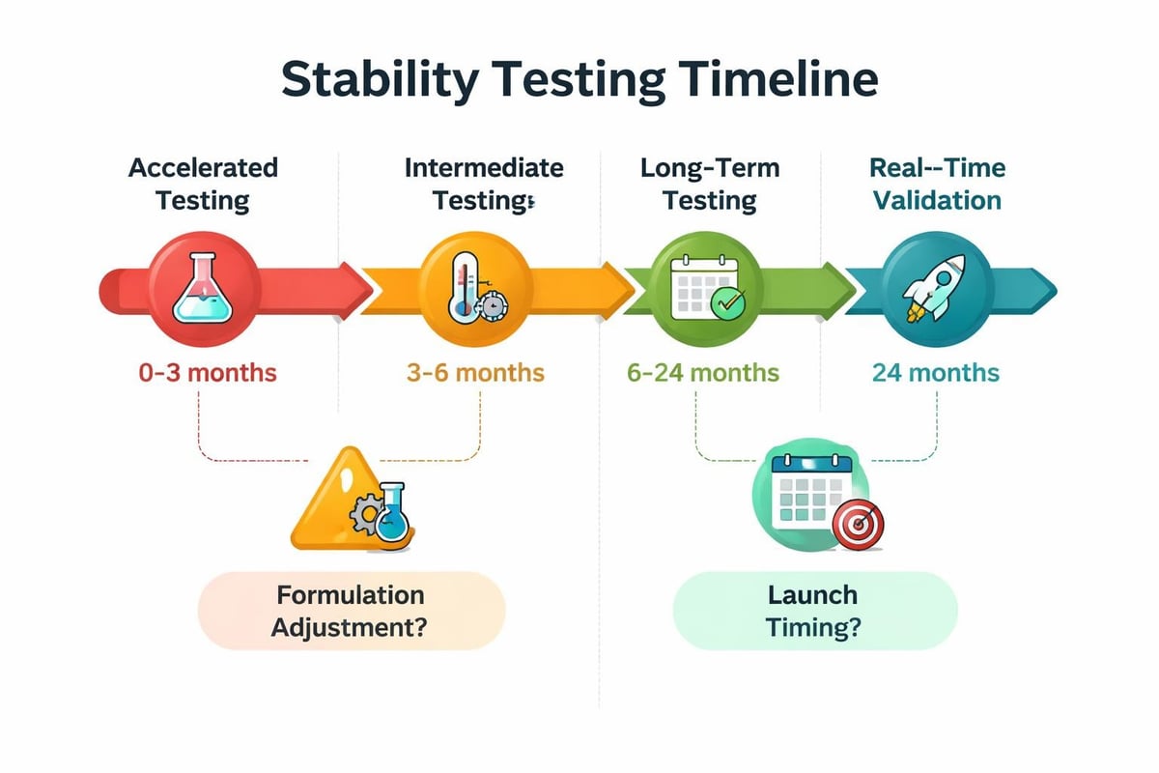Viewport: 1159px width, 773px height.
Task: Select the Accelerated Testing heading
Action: pos(203,184)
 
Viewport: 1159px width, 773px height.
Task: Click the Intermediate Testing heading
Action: pos(483,184)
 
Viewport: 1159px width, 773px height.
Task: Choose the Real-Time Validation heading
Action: pos(937,184)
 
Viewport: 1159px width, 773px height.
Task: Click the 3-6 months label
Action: pos(474,372)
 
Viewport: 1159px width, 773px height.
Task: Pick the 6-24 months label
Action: pos(703,372)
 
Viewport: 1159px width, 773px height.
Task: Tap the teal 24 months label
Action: pos(935,372)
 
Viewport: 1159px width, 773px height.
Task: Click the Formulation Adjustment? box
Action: pos(351,610)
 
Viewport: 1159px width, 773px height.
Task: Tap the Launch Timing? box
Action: pos(813,610)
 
